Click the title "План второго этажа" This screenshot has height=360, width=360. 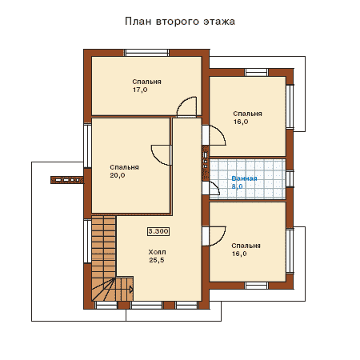point(180,22)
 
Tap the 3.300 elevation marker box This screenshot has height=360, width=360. point(158,231)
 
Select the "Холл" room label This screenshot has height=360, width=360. point(157,252)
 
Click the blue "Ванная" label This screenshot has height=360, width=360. point(244,178)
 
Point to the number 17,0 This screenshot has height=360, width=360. point(140,90)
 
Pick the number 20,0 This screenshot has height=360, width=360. point(118,175)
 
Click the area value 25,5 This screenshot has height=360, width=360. point(157,260)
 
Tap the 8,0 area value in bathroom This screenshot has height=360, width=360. point(237,186)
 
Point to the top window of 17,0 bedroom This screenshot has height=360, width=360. point(146,53)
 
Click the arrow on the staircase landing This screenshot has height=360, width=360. point(131,290)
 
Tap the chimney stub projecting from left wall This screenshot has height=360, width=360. point(67,180)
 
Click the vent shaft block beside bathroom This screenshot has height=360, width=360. point(206,163)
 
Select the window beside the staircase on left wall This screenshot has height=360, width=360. point(87,241)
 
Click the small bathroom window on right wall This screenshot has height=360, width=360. point(290,178)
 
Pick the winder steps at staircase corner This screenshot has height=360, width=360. point(103,290)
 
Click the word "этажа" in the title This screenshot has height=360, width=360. point(219,22)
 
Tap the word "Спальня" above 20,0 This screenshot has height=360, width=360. point(124,167)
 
